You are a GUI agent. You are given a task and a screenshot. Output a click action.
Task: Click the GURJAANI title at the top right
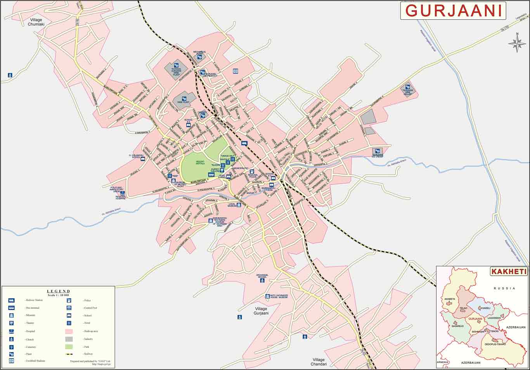(453, 11)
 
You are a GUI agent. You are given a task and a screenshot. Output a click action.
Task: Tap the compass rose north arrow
(517, 43)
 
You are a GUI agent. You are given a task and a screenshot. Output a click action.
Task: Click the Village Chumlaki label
(36, 22)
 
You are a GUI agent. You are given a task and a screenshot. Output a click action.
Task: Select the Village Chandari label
(319, 362)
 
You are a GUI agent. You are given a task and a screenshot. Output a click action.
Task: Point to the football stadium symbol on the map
(235, 71)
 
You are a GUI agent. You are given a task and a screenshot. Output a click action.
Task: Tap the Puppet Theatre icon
(211, 175)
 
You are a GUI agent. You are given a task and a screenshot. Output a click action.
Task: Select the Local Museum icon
(239, 205)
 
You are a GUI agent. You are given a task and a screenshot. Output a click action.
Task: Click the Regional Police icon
(251, 171)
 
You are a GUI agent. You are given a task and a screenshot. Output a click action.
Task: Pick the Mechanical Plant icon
(199, 57)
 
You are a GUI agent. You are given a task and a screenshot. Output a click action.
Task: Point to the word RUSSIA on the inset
(504, 288)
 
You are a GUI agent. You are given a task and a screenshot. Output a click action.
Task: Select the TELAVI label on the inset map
(463, 308)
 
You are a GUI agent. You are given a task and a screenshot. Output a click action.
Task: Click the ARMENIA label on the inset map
(442, 362)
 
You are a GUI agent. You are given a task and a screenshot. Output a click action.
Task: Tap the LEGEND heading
(58, 291)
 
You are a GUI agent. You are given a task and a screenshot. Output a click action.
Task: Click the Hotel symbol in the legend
(69, 323)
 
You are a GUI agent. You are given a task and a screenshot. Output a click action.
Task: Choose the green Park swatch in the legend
(69, 347)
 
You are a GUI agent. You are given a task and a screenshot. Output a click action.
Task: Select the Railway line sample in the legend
(69, 354)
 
